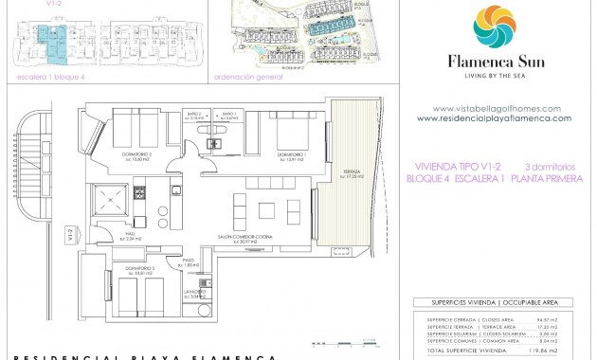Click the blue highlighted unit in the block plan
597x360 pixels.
tap(45, 41)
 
